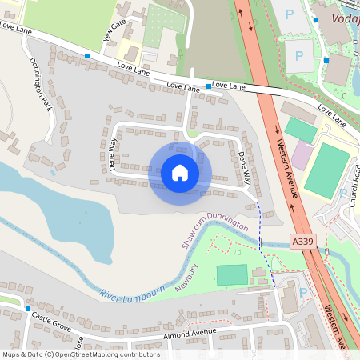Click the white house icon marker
[x=180, y=173]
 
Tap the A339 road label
[x=303, y=239]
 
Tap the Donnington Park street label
[x=40, y=84]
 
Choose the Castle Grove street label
[x=51, y=323]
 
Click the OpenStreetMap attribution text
[x=81, y=354]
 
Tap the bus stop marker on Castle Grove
[x=28, y=309]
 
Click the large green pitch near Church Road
[x=327, y=169]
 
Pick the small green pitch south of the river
[x=232, y=274]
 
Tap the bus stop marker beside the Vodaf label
[x=316, y=20]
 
